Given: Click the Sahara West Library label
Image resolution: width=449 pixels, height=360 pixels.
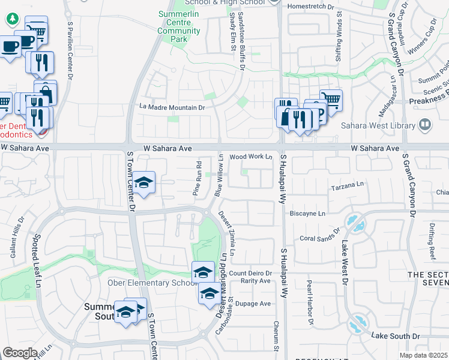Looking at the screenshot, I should [x=378, y=125].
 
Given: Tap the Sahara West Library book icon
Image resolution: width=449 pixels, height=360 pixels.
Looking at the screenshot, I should [x=426, y=125].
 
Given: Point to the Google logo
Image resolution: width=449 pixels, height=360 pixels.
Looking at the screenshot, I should [x=20, y=352].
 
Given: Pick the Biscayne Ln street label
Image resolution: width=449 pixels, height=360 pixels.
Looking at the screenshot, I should [x=307, y=213].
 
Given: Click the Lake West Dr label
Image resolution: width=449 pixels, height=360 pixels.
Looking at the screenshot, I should [x=345, y=257].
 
